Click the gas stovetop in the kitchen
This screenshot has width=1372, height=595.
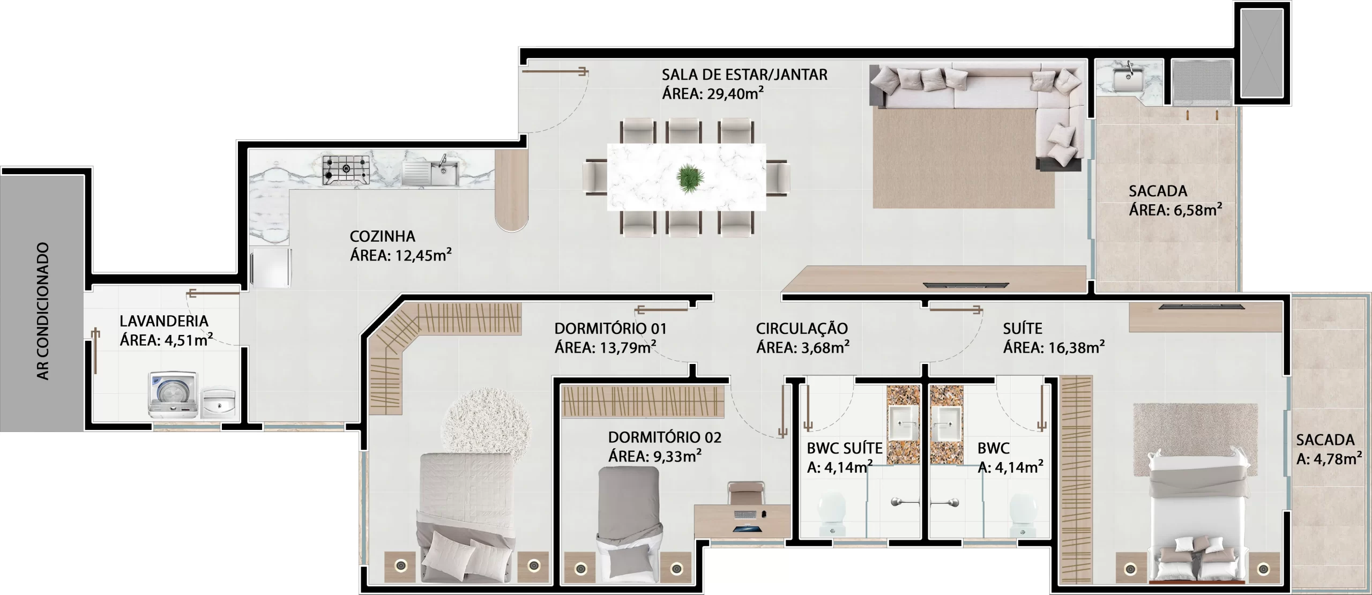coord(346,170)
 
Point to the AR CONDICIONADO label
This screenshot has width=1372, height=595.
coord(43,311)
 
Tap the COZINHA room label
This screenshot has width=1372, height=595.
coord(382,236)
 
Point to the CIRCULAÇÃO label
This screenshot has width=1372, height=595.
coord(802,328)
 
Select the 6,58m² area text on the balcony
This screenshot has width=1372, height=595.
coord(1175,210)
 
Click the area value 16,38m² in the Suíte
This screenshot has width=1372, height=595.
coord(1054,348)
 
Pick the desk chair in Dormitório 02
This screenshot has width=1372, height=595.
coord(747,493)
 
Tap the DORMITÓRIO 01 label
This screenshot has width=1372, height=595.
coord(610,328)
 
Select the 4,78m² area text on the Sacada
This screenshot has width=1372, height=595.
coord(1329,459)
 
